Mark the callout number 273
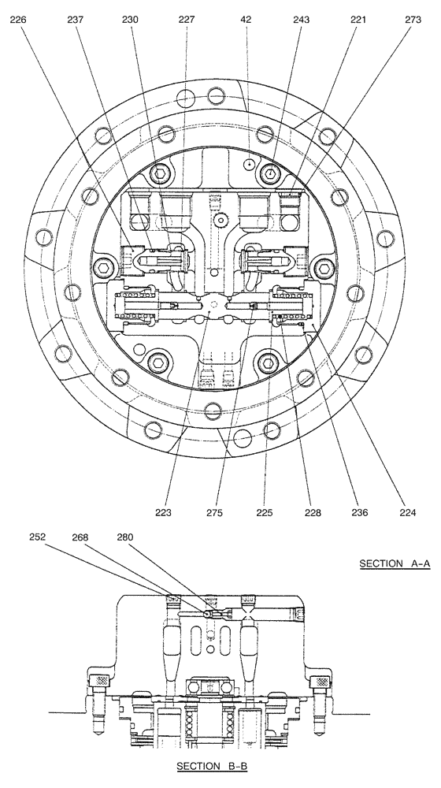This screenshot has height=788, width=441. [413, 22]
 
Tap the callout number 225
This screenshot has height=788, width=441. [264, 513]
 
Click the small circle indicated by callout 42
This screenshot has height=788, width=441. [249, 164]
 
